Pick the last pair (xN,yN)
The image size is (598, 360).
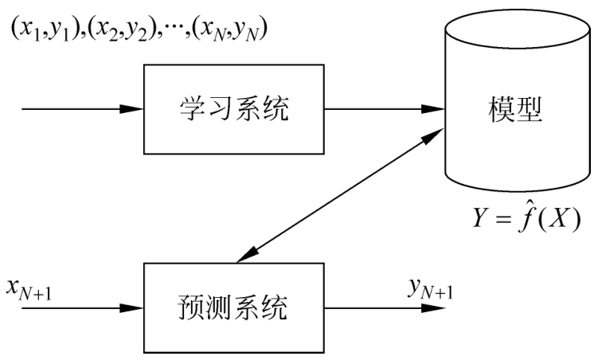point(239,30)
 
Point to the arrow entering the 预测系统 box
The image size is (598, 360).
point(80,307)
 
